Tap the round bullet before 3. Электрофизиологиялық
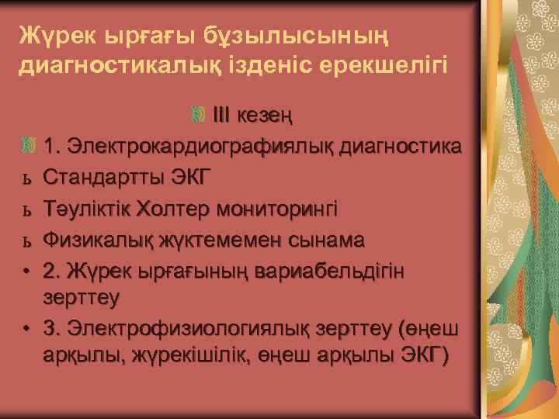pyautogui.click(x=26, y=329)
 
